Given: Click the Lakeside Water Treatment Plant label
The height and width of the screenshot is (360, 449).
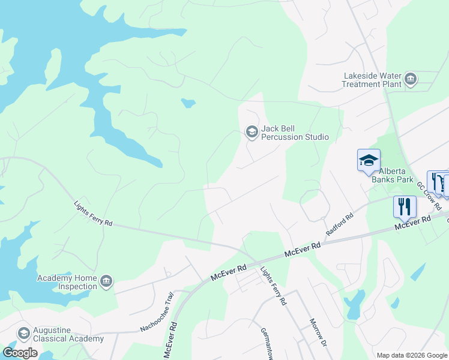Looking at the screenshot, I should point(372,80).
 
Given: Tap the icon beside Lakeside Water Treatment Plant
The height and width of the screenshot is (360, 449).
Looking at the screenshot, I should point(411,79).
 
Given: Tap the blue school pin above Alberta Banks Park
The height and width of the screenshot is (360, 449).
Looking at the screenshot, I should point(369,161).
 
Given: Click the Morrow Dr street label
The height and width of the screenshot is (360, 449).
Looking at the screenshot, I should point(318,333).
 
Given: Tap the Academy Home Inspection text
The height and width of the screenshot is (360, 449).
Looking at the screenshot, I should point(67,282).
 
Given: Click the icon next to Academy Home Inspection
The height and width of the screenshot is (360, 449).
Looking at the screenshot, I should point(106,281).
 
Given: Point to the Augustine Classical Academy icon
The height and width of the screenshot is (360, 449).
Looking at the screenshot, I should point(24,334).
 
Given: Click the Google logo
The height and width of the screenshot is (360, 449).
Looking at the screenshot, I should point(20,353).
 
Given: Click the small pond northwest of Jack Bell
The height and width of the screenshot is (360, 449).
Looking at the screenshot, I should point(188,103).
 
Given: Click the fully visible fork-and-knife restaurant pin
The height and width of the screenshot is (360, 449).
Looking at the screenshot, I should point(405,207).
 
